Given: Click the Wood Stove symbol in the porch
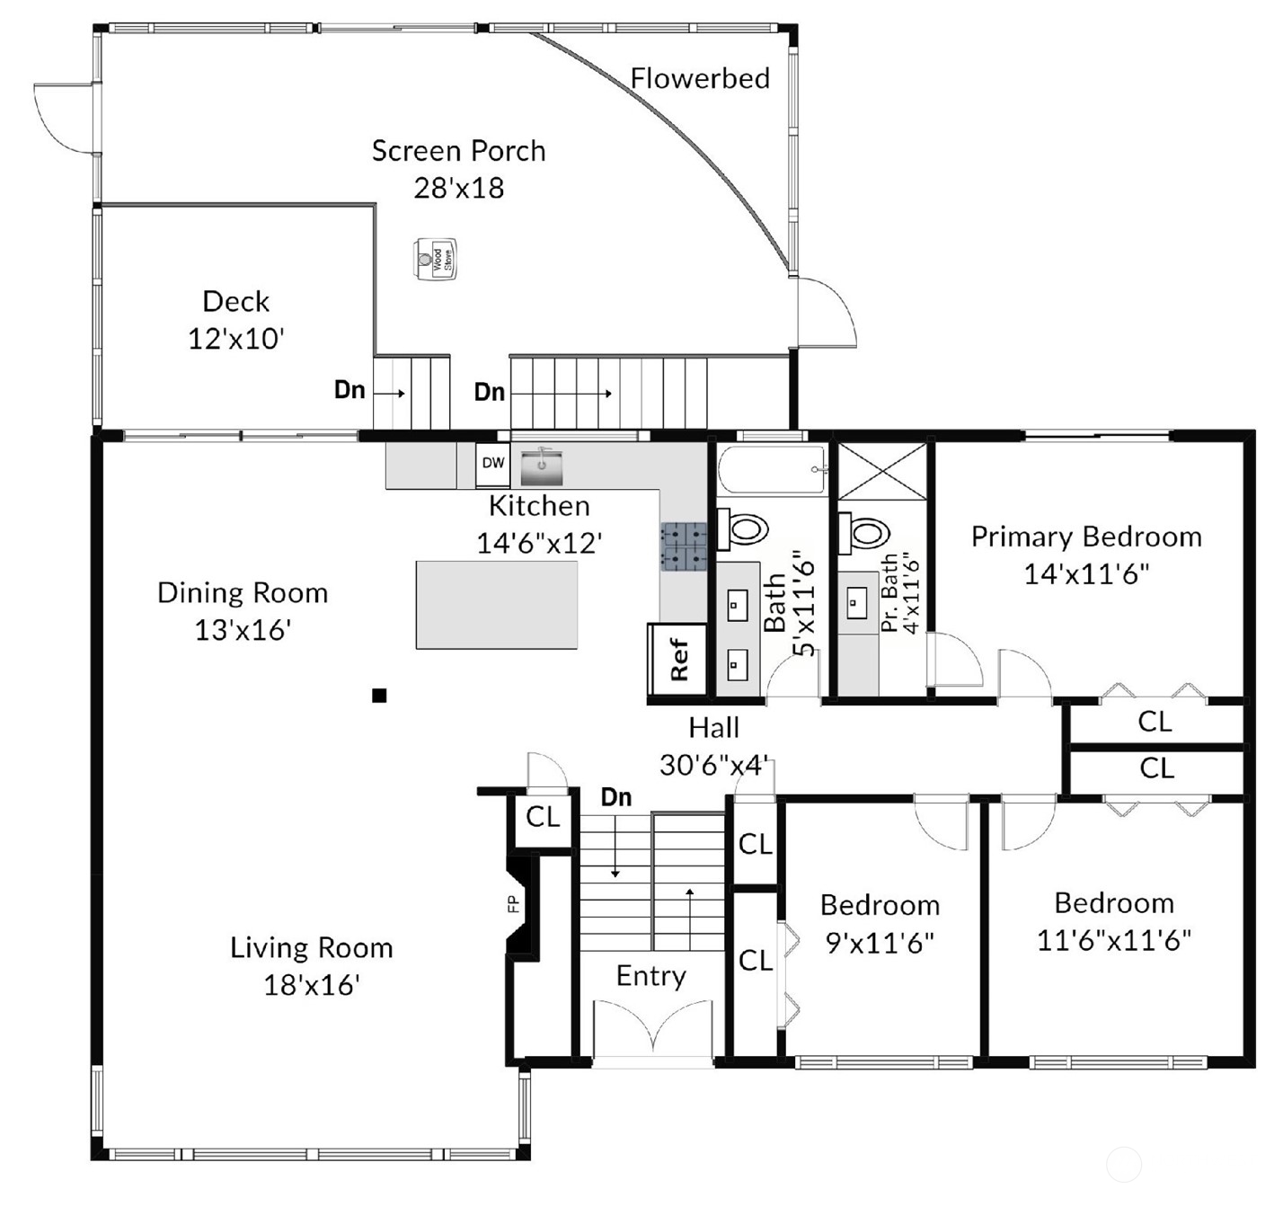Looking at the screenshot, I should [x=436, y=259].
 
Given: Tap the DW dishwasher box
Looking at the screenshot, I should [x=492, y=464].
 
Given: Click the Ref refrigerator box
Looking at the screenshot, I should [x=678, y=661].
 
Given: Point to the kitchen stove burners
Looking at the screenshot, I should [x=684, y=547].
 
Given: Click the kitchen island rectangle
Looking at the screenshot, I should [x=496, y=604].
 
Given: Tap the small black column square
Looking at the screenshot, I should [x=379, y=695].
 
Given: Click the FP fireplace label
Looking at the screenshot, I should [x=514, y=904].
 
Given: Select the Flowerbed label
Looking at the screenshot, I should [x=700, y=79].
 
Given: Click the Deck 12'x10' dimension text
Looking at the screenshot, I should [x=236, y=339].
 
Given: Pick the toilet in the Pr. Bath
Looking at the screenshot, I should [x=864, y=532].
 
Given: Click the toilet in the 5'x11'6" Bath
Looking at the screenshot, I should [x=744, y=528].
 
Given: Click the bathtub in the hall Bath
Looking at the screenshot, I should [x=772, y=470].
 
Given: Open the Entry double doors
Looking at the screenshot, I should [x=652, y=1029].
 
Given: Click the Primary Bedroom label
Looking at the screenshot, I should [x=1086, y=537].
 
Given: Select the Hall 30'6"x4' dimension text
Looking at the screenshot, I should [x=714, y=765].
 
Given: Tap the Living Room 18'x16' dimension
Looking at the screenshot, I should [x=312, y=985].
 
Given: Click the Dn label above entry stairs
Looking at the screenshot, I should [x=616, y=797].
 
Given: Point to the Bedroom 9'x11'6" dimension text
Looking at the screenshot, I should [x=880, y=943].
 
